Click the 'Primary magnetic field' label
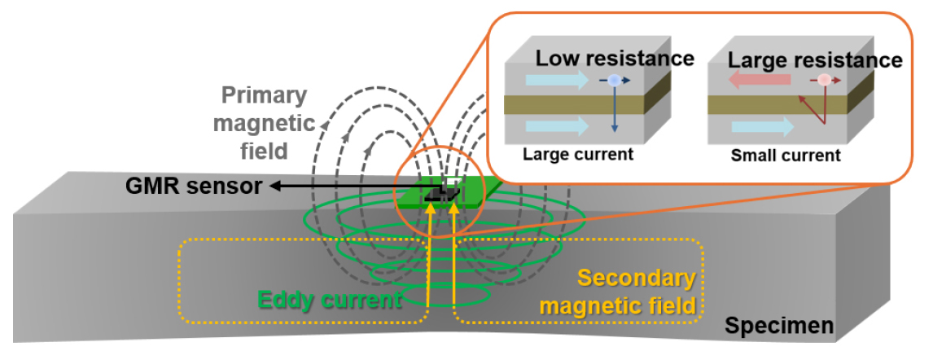265,122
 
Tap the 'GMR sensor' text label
194,187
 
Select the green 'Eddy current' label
329,299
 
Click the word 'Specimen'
779,326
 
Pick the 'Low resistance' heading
615,59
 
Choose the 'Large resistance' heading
815,60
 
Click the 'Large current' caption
578,155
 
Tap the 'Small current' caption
786,156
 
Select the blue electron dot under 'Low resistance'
614,81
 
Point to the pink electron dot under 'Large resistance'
824,80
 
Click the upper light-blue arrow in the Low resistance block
557,81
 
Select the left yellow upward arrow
428,255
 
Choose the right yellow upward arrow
454,255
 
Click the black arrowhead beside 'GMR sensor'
276,187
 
